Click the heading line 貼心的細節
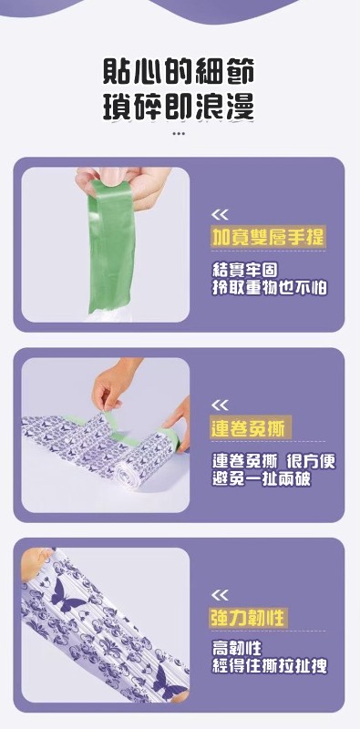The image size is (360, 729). click(x=179, y=73)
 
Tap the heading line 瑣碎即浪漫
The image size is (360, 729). click(x=179, y=108)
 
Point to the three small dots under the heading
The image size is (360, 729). click(x=179, y=133)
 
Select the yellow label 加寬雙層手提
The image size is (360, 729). click(x=267, y=238)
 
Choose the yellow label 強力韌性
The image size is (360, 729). click(x=248, y=619)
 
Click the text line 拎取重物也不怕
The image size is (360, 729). click(x=269, y=288)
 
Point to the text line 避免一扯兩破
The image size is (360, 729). click(x=262, y=478)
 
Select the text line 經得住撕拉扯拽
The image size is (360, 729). click(x=269, y=666)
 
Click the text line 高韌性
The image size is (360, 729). click(x=237, y=647)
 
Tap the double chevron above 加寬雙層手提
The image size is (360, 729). click(x=220, y=215)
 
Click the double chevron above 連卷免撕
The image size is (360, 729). click(x=220, y=406)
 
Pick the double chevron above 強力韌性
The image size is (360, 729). click(x=220, y=595)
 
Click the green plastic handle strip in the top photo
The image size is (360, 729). click(x=110, y=246)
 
